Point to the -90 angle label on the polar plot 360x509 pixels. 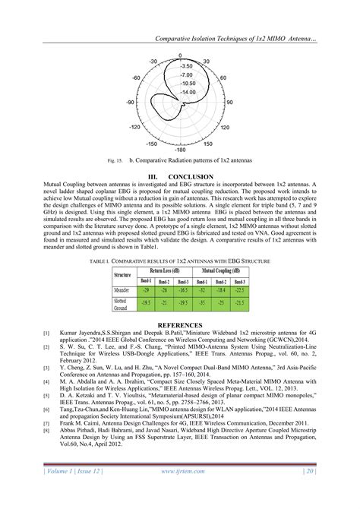(131, 102)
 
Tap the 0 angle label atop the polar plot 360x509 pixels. (180, 55)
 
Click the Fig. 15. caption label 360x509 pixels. (118, 163)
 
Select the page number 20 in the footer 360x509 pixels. (310, 492)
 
